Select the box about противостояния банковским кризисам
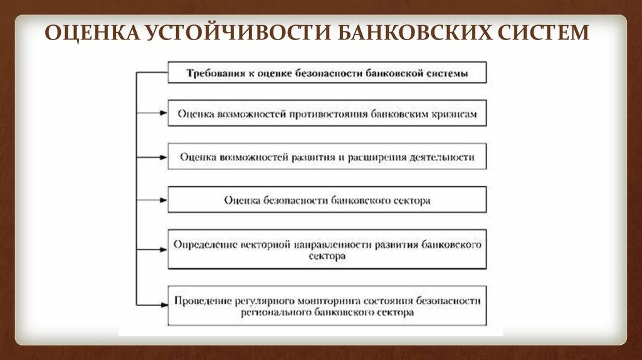(327, 114)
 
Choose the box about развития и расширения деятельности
(327, 157)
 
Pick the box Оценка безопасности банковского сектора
(327, 200)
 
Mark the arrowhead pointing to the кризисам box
(164, 114)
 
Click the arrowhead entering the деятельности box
(164, 157)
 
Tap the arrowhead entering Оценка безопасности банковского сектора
(164, 200)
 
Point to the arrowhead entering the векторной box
(164, 249)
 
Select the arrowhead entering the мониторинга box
(164, 305)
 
